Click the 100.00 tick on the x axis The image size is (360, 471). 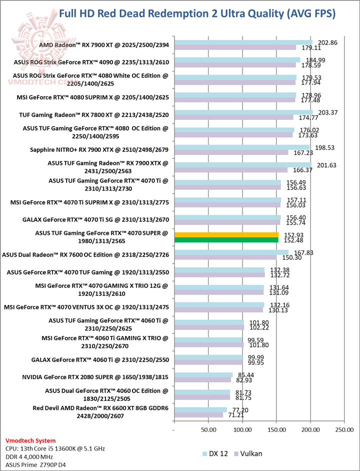242,429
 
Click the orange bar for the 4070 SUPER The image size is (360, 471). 226,234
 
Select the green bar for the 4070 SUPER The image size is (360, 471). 226,240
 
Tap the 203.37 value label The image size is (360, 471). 327,112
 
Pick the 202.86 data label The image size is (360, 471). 327,42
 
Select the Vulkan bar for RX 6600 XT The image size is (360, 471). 198,414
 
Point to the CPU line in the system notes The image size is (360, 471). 54,448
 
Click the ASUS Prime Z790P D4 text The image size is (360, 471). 37,465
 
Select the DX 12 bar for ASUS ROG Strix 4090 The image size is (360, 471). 237,60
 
